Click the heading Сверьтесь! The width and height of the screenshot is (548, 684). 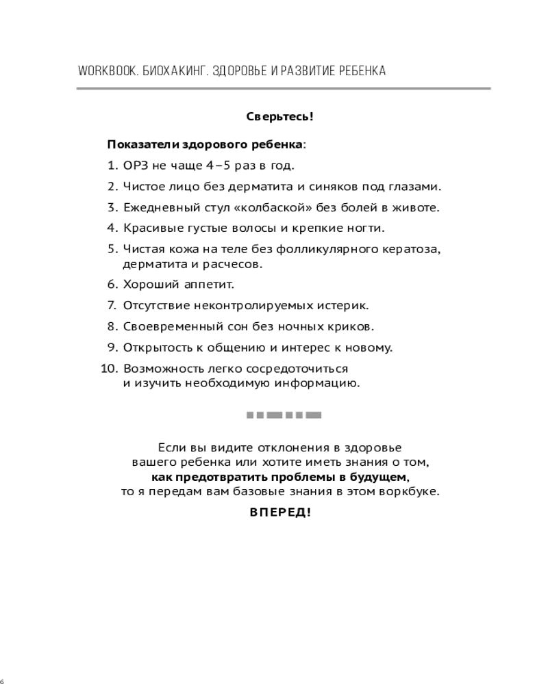tap(279, 116)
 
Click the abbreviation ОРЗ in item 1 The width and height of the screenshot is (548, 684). tap(134, 165)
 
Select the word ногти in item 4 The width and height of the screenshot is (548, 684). tap(366, 228)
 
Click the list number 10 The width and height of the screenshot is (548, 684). tap(109, 369)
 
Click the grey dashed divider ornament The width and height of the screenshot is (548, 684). tap(284, 415)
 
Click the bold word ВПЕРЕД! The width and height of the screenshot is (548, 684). tap(279, 512)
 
